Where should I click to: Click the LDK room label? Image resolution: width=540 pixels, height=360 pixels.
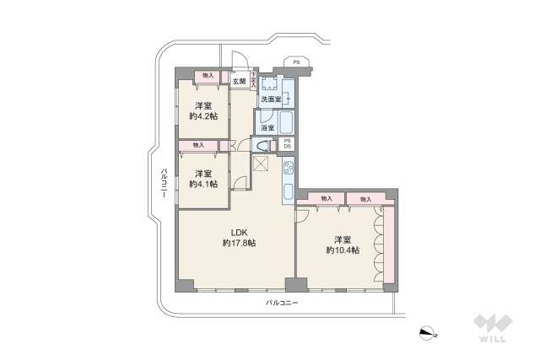239,231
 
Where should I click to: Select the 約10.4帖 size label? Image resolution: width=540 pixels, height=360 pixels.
343,250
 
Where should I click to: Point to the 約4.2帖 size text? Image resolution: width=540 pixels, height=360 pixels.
202,116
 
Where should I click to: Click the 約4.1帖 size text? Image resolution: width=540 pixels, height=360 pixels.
202,184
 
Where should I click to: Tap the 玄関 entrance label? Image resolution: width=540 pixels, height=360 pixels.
240,82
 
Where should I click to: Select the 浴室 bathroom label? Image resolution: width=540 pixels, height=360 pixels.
267,127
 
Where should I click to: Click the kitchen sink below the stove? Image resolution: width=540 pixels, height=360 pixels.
287,191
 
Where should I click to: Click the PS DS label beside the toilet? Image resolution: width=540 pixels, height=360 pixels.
287,143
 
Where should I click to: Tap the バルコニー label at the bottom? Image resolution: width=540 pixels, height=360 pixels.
282,302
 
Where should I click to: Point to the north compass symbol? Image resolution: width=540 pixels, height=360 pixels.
429,332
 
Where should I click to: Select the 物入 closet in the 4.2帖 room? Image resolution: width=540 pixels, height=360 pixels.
208,77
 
